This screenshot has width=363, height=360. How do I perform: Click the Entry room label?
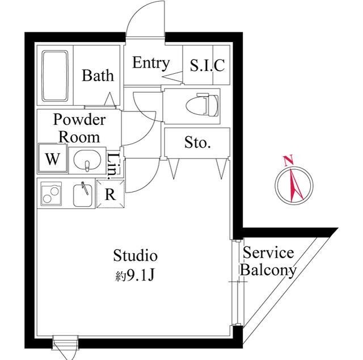(x=150, y=62)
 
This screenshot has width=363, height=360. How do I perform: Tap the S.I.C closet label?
(x=207, y=65)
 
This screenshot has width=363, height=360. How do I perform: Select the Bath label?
(x=98, y=75)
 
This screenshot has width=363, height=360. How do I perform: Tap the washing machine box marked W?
(x=53, y=158)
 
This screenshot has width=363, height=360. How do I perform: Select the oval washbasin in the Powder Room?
(x=87, y=159)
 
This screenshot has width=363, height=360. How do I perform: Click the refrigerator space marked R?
(x=110, y=194)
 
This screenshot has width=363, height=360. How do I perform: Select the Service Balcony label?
(x=268, y=262)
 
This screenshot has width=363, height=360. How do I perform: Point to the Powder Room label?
(x=79, y=128)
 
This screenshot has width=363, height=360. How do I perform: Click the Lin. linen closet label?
(x=114, y=163)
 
